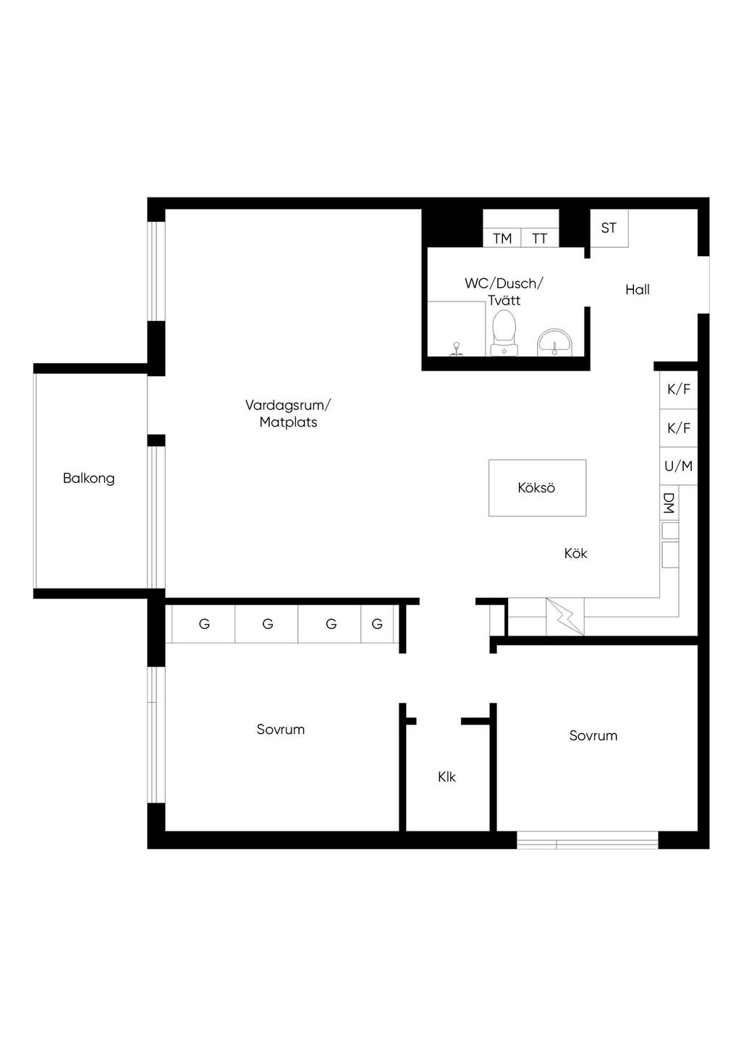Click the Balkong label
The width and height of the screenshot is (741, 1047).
(89, 479)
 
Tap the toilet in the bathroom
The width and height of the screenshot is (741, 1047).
(504, 333)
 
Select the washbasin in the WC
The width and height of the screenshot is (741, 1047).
(554, 342)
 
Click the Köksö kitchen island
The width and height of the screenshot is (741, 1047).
(537, 488)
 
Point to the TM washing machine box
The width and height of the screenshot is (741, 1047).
(502, 238)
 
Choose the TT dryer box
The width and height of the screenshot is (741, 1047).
(540, 238)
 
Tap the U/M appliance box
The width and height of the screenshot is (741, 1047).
(678, 466)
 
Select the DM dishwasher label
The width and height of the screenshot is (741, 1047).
(669, 503)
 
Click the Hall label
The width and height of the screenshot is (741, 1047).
(638, 290)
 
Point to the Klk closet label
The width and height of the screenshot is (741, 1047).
(446, 777)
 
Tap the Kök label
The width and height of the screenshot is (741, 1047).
(575, 553)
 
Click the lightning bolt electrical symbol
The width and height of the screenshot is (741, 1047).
(565, 617)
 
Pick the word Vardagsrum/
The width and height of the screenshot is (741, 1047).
(288, 405)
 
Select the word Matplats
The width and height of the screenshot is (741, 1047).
(288, 422)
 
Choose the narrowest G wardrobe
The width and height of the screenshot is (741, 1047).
(377, 624)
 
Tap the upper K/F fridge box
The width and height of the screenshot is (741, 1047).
(678, 389)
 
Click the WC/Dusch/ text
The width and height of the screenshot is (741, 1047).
(504, 283)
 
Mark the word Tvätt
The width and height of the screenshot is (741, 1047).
(504, 300)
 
